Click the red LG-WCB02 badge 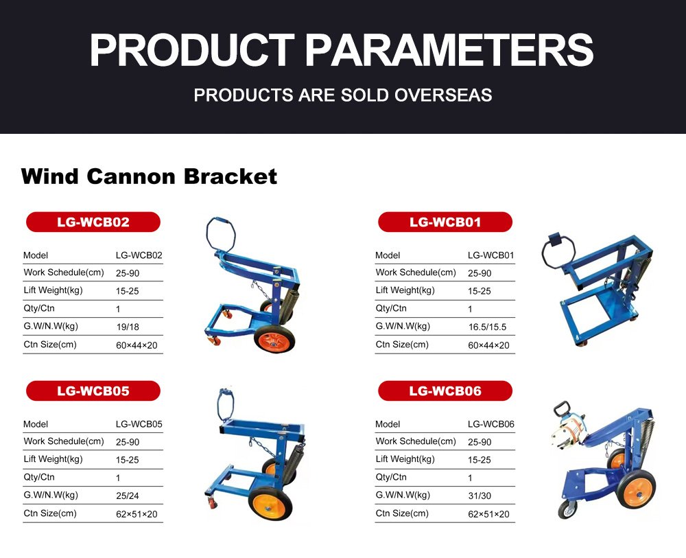93,222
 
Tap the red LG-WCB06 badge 445,391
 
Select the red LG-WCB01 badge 445,222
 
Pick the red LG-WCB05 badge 93,391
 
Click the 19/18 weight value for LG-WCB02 128,327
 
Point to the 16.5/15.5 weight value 487,327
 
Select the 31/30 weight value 480,496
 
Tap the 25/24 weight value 128,496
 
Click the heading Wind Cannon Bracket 149,176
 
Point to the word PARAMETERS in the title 449,50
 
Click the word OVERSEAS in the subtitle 443,95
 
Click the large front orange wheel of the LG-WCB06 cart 637,488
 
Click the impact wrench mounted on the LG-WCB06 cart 568,431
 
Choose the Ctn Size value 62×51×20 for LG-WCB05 137,514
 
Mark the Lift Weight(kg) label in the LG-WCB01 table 405,290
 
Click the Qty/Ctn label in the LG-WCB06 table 391,477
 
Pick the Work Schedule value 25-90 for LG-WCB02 128,274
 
